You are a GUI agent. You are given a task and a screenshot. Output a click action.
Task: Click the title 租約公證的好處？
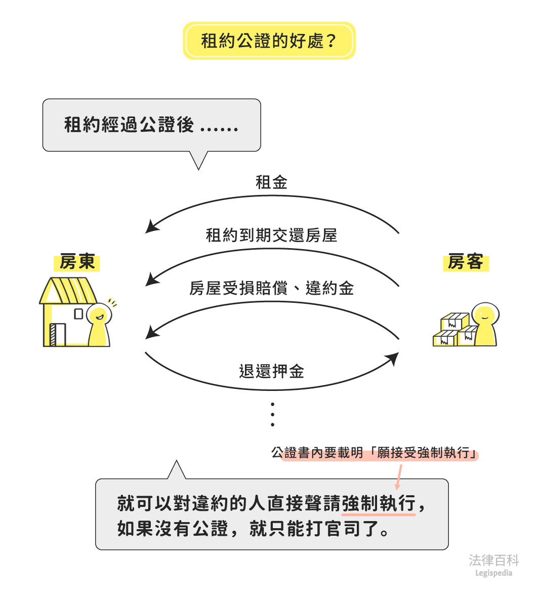pos(269,41)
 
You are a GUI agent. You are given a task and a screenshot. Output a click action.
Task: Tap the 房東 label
pos(77,262)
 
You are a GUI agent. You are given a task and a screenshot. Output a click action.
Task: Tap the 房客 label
pos(465,262)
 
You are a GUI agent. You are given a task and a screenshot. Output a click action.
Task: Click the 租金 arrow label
pos(271,182)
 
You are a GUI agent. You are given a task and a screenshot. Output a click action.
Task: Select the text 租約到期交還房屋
pos(271,235)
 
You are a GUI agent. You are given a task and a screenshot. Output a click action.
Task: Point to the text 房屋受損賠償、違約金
pos(271,289)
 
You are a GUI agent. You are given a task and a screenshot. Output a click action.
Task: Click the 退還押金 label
pos(271,372)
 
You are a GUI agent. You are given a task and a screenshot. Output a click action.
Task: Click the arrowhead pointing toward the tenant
pos(392,359)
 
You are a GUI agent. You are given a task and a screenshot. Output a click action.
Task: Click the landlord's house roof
pos(68,290)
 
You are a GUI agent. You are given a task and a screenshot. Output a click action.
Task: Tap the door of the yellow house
pos(58,335)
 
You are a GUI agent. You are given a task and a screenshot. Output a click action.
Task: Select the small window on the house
pos(78,314)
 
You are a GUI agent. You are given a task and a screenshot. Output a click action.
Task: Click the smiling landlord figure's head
pos(99,315)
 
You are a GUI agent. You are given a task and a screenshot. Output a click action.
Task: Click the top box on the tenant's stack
pos(454,321)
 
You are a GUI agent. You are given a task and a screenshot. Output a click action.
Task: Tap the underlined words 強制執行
pos(379,504)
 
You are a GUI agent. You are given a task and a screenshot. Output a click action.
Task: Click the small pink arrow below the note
pos(398,478)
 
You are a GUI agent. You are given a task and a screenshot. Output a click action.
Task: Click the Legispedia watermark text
pos(493,573)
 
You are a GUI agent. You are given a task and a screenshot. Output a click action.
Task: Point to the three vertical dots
pos(273,415)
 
